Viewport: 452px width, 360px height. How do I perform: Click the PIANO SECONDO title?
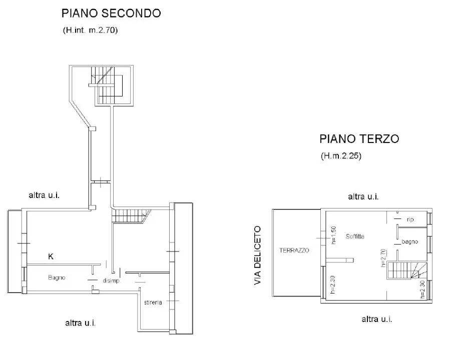(111, 13)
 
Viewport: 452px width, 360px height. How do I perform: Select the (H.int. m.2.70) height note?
(90, 30)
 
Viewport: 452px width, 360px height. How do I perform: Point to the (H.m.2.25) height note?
(341, 156)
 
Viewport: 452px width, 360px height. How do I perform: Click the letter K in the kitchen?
(51, 257)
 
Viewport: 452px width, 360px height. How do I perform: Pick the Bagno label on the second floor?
(57, 277)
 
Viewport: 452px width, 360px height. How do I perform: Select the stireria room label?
(153, 302)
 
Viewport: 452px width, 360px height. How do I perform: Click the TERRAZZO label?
(294, 250)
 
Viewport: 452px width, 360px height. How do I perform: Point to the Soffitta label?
(354, 236)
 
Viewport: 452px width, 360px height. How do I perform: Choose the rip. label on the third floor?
(410, 219)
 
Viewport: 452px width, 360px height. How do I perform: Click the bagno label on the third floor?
(409, 242)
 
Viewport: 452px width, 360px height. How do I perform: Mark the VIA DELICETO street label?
(258, 255)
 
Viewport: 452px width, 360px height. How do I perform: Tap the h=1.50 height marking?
(333, 235)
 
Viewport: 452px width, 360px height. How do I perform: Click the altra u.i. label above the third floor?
(363, 197)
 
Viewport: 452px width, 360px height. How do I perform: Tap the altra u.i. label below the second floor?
(80, 323)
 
